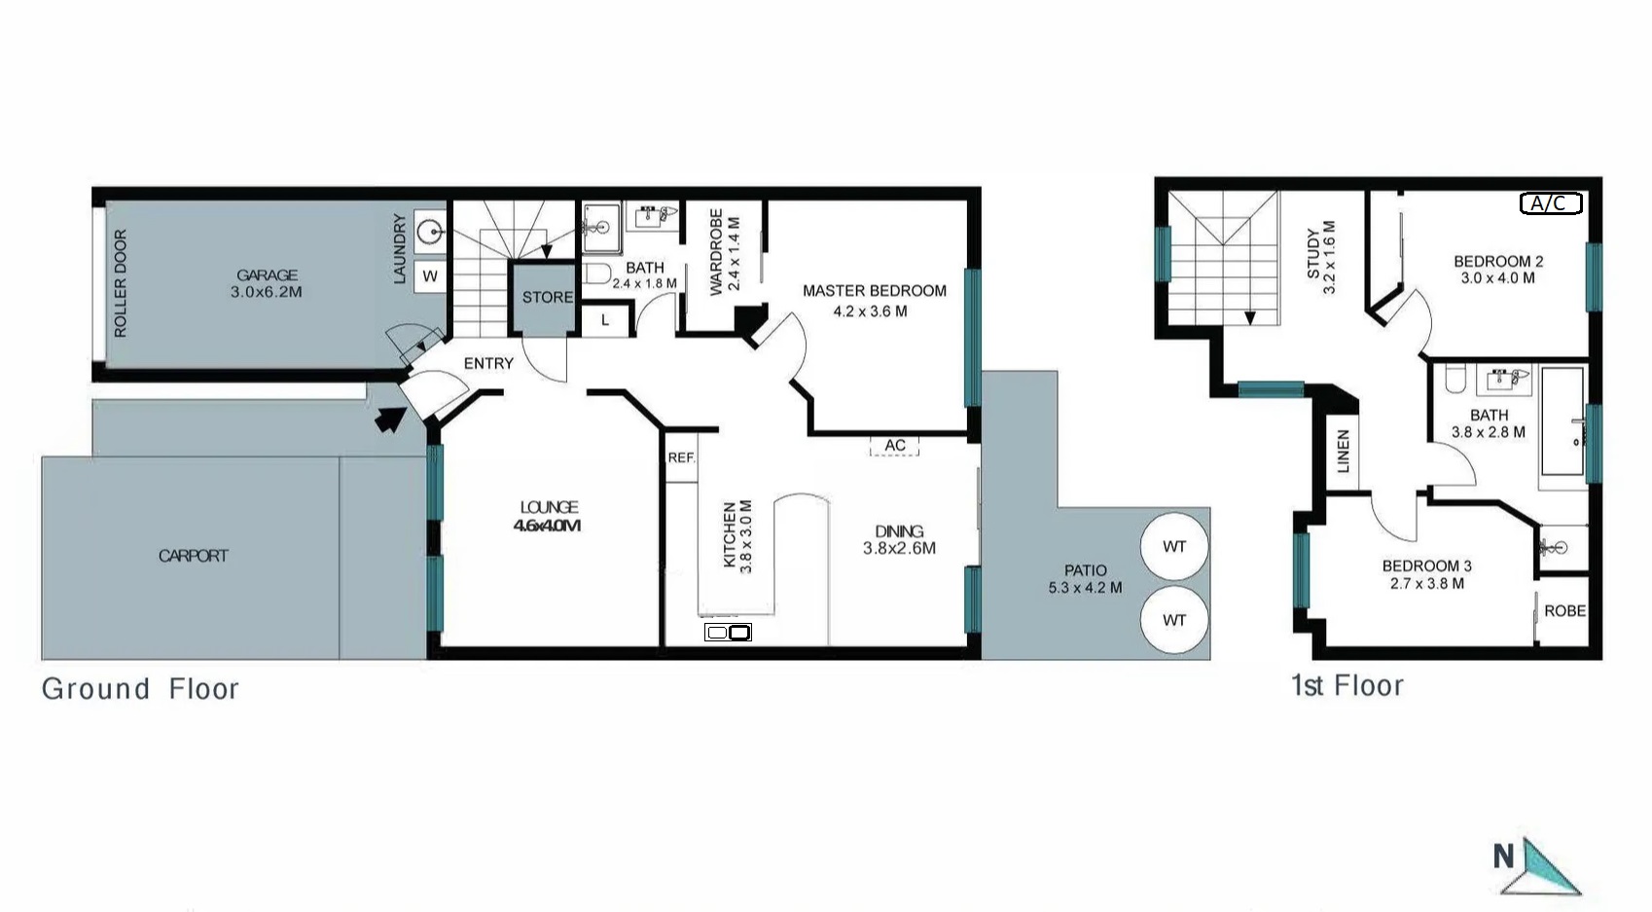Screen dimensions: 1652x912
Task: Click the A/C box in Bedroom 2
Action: tap(1551, 202)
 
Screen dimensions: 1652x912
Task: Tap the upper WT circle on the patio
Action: tap(1174, 547)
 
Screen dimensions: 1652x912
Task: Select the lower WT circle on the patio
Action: tap(1174, 620)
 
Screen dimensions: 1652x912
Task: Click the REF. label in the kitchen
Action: tap(681, 457)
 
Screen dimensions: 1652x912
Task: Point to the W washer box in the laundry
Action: tap(430, 276)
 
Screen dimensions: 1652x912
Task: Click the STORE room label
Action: tap(547, 298)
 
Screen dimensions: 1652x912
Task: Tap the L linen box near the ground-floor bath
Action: tap(605, 320)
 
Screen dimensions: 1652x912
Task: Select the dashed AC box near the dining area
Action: tap(894, 446)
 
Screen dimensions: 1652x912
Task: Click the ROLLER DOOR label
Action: tap(121, 283)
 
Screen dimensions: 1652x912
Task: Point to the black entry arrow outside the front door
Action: tap(390, 419)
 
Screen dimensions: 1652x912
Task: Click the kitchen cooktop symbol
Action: tap(728, 633)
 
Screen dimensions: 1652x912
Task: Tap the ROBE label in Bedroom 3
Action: tap(1565, 611)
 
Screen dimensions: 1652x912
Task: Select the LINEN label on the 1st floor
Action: tap(1343, 451)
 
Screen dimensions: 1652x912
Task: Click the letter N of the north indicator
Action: tap(1504, 857)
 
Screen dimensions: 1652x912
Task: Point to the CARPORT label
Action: tap(194, 556)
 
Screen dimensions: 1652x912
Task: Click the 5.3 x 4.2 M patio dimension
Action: tap(1085, 588)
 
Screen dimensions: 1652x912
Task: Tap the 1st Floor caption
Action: tap(1347, 685)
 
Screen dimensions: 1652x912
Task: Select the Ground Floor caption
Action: tap(140, 688)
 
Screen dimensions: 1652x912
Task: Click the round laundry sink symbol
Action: tap(430, 233)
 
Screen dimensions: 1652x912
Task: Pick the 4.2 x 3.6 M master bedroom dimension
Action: tap(870, 311)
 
